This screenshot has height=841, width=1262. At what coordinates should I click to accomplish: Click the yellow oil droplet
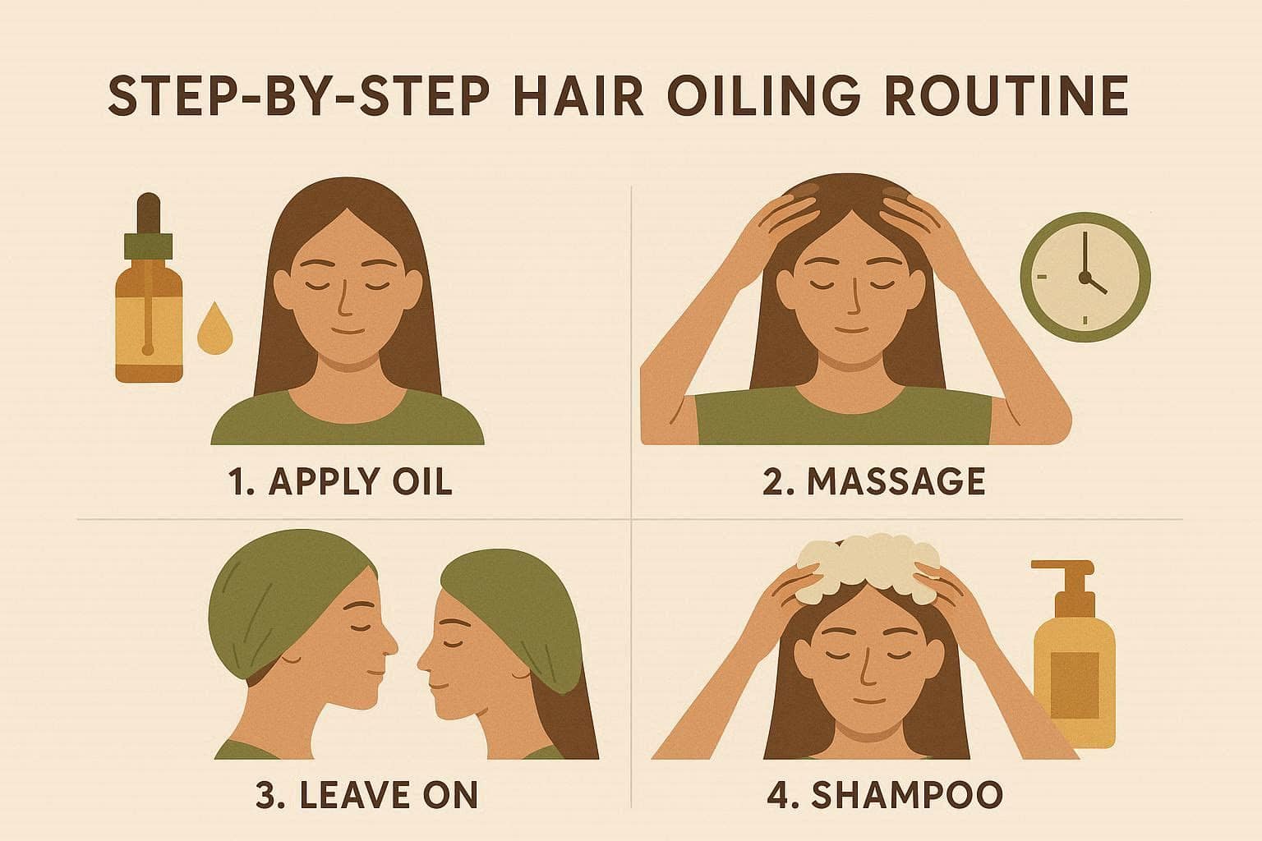coord(214,329)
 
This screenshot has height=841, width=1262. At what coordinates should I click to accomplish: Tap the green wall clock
coord(1085,277)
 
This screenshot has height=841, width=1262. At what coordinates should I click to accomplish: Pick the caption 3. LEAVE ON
coord(367,794)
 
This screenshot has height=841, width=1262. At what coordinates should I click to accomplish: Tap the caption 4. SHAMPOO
coord(885,794)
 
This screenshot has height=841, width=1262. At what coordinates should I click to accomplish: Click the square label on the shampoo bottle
coord(1075,685)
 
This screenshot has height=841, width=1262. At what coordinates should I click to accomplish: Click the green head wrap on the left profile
coord(290,597)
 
